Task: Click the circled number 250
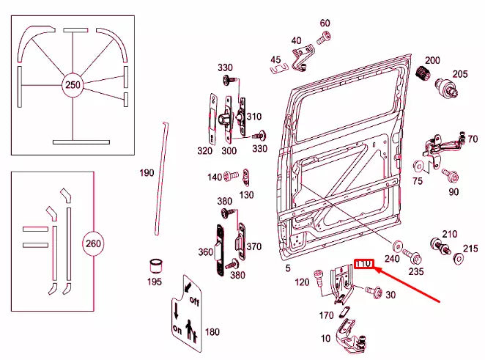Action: coord(73,85)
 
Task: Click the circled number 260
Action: coord(94,243)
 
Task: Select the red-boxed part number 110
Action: coord(364,264)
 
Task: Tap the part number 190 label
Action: coord(147,173)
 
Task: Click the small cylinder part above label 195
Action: coord(155,264)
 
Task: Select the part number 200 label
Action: coord(432,59)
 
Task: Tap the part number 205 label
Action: coord(459,73)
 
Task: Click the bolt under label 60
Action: coord(323,36)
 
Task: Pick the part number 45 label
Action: coord(275,59)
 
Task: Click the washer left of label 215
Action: coord(459,257)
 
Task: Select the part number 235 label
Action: coord(416,271)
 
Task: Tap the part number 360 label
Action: coord(204,251)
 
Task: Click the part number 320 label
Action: coord(204,151)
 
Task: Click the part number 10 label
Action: coord(326,339)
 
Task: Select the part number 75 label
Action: coord(418,180)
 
